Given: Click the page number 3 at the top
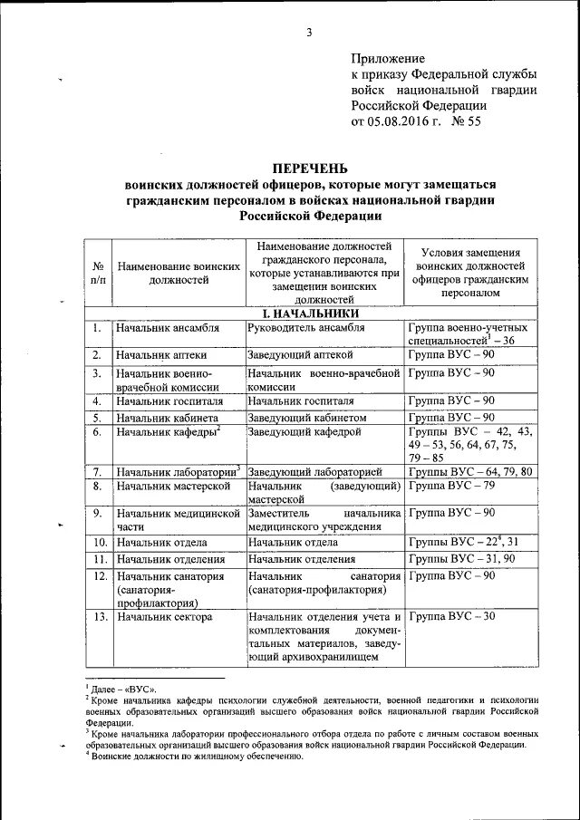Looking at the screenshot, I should [x=309, y=34].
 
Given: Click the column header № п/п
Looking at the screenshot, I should [x=98, y=273].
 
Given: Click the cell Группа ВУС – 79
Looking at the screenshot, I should [x=451, y=487].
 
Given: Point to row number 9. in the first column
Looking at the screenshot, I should [x=98, y=514].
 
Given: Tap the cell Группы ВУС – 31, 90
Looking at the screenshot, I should [x=458, y=558].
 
